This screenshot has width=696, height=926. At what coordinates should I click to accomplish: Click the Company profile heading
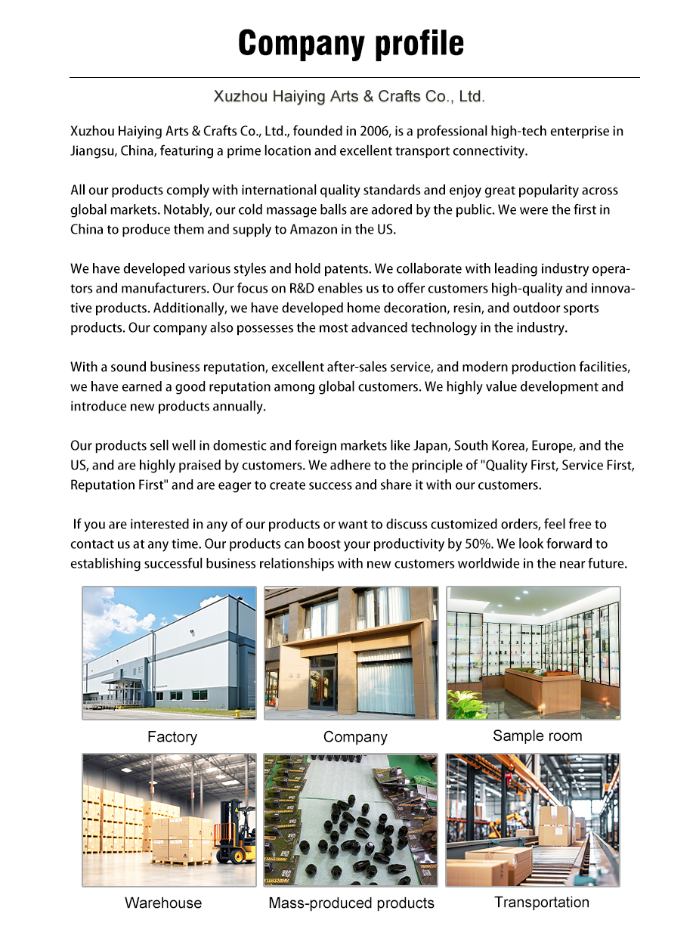[351, 43]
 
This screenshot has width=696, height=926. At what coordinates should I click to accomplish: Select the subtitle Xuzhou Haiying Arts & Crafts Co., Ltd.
[348, 97]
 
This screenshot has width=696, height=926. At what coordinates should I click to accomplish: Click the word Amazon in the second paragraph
[313, 230]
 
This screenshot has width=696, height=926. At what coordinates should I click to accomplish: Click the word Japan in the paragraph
[431, 446]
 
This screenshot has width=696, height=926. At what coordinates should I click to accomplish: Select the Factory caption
[172, 737]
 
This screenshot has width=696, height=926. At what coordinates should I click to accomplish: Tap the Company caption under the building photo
[355, 737]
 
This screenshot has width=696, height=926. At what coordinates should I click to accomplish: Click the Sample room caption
[537, 736]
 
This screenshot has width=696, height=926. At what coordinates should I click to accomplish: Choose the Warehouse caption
[163, 903]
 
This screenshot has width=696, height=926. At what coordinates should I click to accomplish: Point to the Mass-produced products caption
[351, 903]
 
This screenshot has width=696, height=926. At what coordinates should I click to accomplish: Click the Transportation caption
[542, 903]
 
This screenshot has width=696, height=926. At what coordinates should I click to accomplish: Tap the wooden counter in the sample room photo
[537, 688]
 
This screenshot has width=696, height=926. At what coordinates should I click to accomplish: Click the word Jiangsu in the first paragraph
[93, 151]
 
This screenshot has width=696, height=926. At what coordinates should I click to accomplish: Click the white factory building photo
[169, 653]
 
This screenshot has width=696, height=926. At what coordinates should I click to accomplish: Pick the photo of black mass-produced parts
[351, 819]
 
